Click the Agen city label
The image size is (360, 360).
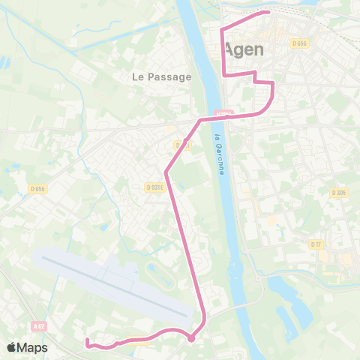244,50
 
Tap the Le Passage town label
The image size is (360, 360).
161,76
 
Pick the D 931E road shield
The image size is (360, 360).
155,187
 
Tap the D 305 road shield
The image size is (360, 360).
339,192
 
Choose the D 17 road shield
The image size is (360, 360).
316,244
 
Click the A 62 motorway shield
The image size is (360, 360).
39,326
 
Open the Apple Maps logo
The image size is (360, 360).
27,347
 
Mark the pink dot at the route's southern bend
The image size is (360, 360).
191,338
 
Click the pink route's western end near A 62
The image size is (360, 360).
87,341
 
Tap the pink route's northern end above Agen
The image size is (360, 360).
268,12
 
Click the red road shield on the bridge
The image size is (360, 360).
223,113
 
